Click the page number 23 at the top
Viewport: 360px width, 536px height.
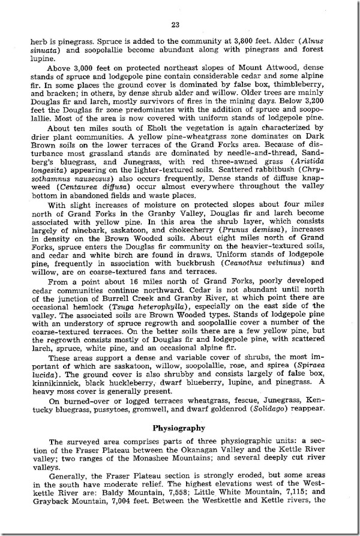[x=175, y=25]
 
